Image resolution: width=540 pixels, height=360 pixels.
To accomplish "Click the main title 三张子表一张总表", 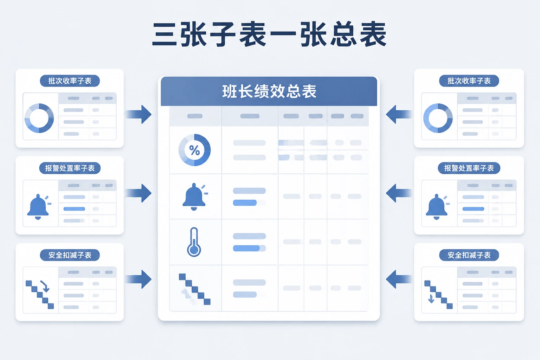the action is (270, 34).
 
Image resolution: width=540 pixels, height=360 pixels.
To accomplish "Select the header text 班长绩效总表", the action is (269, 91).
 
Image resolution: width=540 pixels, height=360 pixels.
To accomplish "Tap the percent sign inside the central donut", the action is (194, 150).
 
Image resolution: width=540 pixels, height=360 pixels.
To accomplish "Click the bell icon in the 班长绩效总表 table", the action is (194, 197).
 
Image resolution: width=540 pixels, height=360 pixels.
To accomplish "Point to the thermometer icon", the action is (194, 242).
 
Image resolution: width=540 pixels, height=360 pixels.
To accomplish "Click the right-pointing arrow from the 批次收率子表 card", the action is (139, 114).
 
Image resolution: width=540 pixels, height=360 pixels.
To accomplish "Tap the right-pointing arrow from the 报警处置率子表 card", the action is (139, 193).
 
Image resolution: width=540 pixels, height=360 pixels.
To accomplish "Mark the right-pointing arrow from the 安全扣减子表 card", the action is (139, 279).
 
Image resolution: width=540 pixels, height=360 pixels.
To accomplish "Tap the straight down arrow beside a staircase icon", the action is (431, 298).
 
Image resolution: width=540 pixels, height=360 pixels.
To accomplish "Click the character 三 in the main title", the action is (164, 34).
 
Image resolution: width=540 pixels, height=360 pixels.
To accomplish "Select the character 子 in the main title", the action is (223, 34).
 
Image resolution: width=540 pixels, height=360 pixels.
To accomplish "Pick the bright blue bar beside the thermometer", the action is (246, 248).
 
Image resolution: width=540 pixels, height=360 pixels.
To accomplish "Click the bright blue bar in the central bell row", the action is (245, 202).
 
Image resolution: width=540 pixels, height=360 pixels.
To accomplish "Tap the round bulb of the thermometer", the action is (194, 250).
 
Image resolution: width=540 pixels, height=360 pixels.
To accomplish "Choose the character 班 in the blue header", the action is (230, 91).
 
